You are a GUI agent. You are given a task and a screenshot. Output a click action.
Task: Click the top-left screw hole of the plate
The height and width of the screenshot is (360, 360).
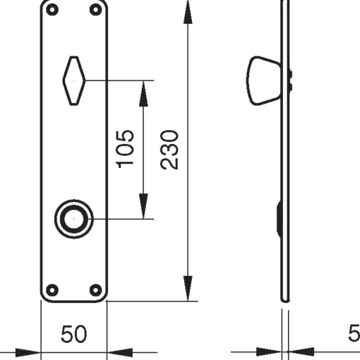(52, 10)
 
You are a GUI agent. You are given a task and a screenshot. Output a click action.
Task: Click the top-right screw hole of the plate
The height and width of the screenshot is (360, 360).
(96, 10)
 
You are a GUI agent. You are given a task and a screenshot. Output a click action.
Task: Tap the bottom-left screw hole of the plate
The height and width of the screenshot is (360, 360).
(52, 290)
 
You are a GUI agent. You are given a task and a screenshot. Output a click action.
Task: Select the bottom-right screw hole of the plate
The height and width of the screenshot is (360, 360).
(96, 290)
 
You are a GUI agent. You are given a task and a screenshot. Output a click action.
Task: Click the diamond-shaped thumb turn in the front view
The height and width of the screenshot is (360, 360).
(74, 80)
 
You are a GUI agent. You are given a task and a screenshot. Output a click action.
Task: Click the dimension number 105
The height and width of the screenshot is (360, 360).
(125, 149)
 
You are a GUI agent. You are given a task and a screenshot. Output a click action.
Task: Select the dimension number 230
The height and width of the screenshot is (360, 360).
(169, 150)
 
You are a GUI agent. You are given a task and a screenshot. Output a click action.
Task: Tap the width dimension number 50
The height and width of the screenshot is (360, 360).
(73, 334)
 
